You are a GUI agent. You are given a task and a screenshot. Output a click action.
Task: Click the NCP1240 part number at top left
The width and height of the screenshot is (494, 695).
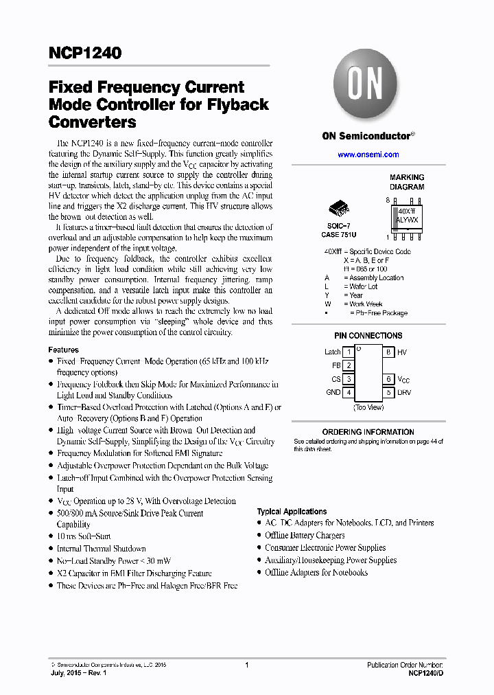(85, 53)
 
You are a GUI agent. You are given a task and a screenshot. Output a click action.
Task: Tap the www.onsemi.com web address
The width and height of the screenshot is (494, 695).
(368, 155)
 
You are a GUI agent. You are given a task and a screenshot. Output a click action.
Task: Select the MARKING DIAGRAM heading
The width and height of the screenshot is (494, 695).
(407, 182)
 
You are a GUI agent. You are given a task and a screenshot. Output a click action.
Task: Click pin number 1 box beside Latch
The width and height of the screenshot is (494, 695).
(349, 352)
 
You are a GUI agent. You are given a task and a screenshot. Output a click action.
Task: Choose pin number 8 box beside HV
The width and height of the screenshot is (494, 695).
(388, 352)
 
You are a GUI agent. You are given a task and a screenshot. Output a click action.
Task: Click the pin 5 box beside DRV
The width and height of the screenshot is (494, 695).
(388, 392)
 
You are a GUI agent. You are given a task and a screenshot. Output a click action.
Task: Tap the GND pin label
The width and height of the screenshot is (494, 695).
(333, 392)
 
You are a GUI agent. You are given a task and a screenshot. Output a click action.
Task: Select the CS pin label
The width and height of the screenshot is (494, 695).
(336, 379)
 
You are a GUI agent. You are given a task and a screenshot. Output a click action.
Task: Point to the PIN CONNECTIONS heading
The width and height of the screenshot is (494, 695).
(368, 336)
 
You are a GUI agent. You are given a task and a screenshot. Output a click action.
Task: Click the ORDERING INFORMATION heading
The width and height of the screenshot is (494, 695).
(368, 432)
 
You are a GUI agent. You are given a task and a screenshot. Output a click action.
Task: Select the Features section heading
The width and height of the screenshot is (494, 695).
(63, 350)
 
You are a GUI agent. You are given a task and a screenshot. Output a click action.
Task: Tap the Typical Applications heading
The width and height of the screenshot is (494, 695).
(292, 512)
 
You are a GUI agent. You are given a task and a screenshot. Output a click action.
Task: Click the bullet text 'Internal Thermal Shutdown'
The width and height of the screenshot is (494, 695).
(101, 549)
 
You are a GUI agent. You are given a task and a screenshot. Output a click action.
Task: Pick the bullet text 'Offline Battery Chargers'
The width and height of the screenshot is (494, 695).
(305, 535)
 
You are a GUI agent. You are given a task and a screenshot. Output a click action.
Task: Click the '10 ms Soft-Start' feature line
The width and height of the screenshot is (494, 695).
(84, 536)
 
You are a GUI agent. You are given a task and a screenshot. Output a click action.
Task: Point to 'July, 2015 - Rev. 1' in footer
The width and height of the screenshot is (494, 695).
(79, 674)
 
